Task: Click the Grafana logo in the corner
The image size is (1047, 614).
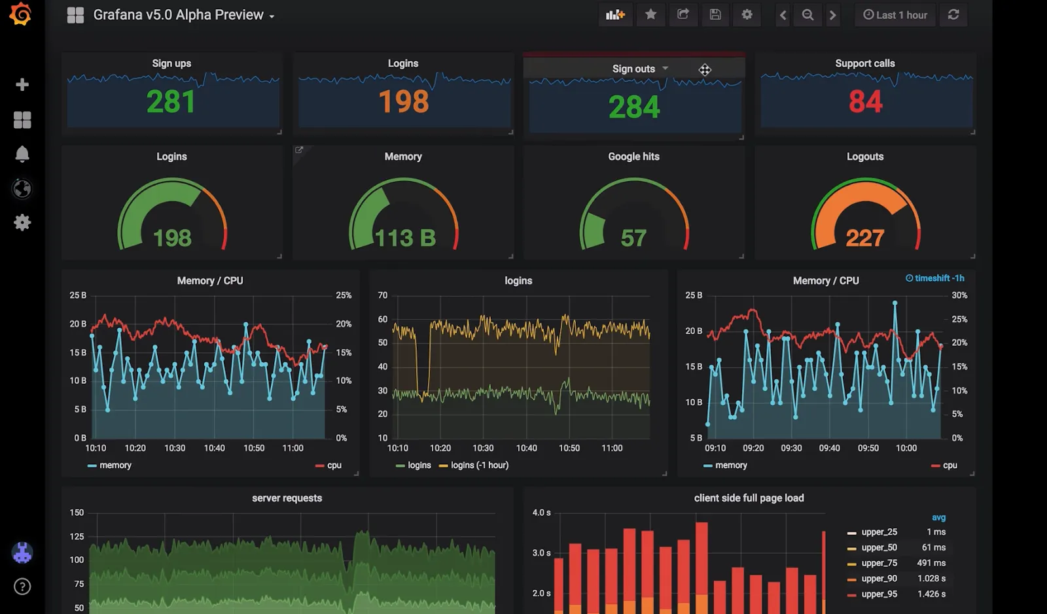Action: coord(21,14)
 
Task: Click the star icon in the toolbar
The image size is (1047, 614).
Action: coord(650,14)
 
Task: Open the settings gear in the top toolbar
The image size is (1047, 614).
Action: coord(747,14)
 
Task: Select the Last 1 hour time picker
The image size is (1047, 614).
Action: coord(895,14)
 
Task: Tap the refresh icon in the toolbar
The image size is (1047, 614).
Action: coord(953,14)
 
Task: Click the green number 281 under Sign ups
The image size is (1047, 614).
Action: coord(171,102)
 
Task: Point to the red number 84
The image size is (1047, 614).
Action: coord(865,102)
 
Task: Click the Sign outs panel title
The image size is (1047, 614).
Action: coord(633,69)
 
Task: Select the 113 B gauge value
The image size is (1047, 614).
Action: coord(405,238)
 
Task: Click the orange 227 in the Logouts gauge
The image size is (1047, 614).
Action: coord(864,238)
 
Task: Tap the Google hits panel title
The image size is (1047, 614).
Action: coord(633,156)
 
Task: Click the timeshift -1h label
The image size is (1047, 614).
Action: coord(935,278)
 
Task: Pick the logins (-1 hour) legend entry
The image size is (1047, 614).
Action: coord(479,465)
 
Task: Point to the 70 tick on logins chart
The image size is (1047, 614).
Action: coord(383,296)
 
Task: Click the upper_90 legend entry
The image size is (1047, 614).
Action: coord(879,579)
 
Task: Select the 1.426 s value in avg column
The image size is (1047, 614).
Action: coord(931,594)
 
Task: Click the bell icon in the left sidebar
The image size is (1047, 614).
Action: coord(22,154)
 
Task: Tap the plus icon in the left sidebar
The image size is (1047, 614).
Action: coord(22,84)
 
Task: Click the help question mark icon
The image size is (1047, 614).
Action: coord(22,587)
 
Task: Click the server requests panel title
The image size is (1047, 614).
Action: coord(287,498)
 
